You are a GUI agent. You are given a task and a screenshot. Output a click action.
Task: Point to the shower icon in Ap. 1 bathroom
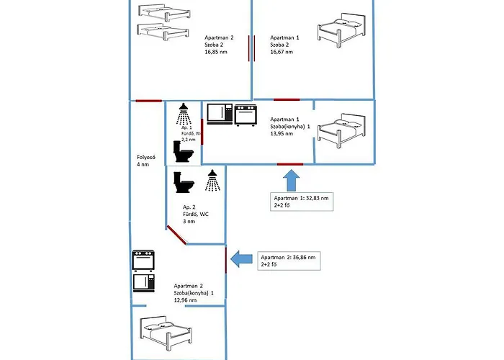coord(184,112)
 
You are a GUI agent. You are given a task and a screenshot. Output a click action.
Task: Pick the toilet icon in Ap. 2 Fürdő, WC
coord(184,182)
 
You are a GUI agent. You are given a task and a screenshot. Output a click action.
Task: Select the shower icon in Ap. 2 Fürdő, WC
coord(212,181)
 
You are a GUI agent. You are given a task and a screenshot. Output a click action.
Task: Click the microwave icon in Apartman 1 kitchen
coord(220,114)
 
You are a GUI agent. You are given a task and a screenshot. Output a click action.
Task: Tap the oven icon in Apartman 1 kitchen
coord(246,114)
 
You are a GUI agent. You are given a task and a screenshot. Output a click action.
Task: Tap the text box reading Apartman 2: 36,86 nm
coord(290,261)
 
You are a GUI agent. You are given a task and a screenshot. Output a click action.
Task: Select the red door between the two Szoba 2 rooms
coord(251,48)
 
